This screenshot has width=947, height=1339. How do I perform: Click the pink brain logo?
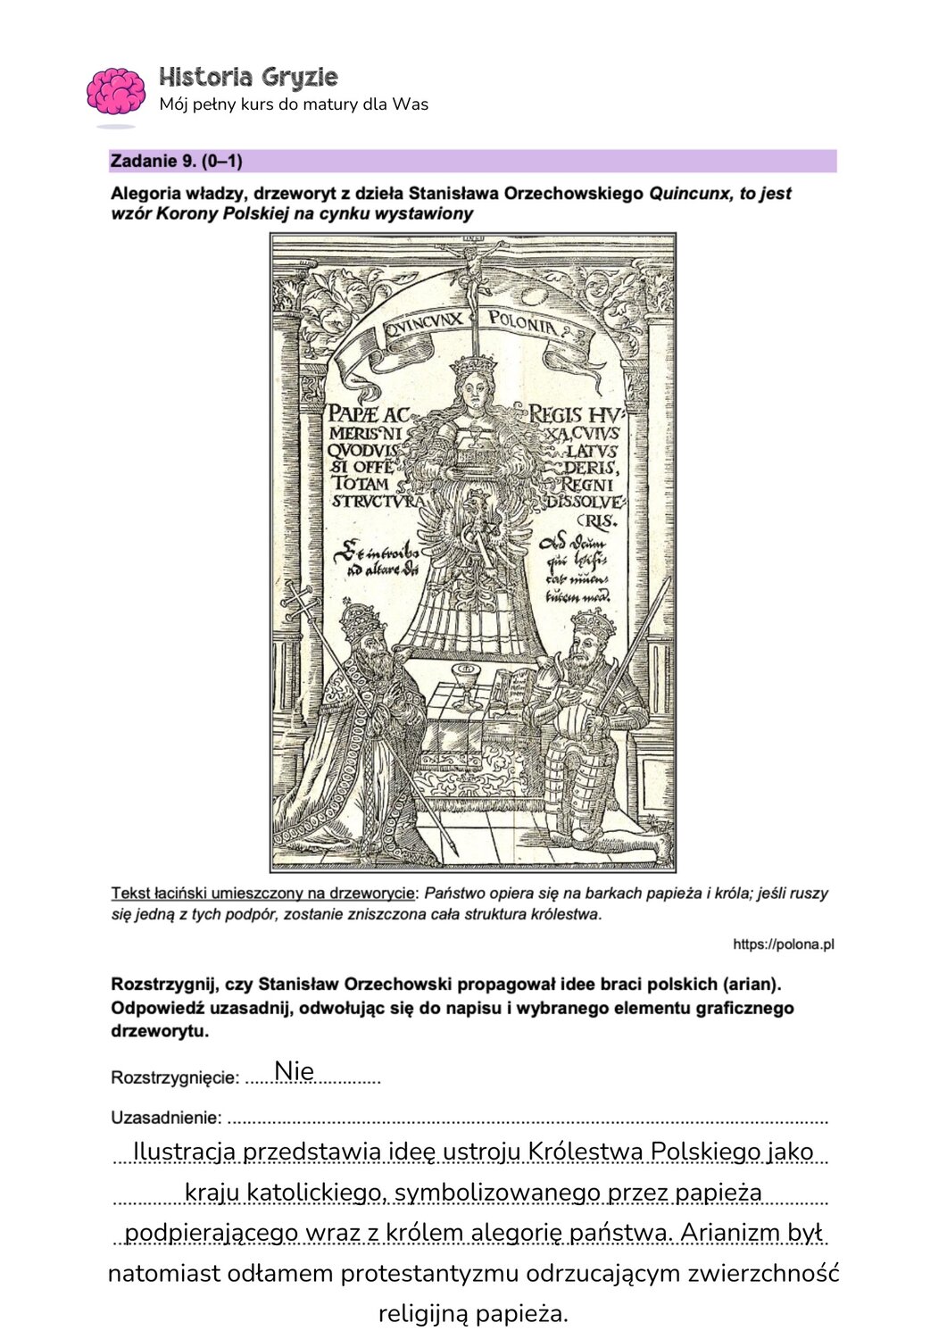point(115,91)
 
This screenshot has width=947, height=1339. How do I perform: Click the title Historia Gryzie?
point(248,77)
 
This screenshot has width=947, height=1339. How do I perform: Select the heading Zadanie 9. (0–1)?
point(177,162)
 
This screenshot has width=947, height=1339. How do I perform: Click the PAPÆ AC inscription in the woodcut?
point(368,414)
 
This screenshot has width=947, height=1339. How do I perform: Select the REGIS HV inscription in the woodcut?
point(574,414)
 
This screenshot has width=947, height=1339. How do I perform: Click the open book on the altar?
point(515,687)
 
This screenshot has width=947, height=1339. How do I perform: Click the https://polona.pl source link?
point(783,944)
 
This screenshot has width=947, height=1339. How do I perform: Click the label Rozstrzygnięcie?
point(175,1077)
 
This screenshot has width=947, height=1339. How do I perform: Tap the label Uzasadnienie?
point(166,1118)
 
